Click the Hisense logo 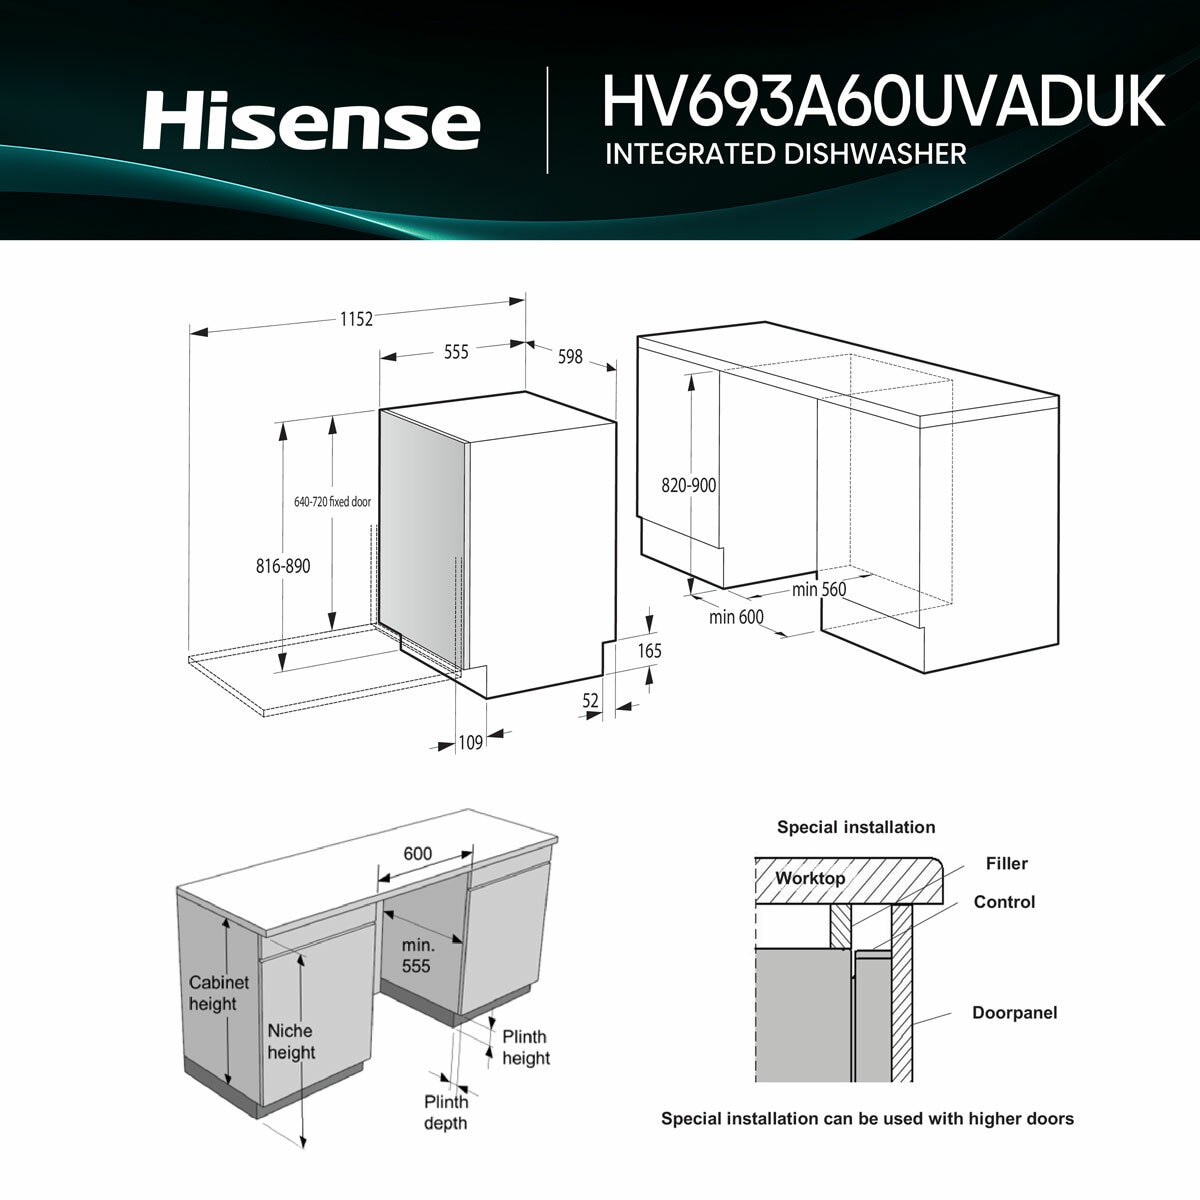[x=311, y=120]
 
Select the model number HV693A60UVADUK [x=883, y=101]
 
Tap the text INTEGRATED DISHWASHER [x=785, y=154]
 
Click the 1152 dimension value [x=356, y=319]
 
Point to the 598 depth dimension [x=570, y=356]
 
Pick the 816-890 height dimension [x=283, y=566]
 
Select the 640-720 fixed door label [x=332, y=502]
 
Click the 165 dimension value [x=650, y=651]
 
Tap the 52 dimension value [x=590, y=701]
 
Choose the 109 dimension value [x=471, y=742]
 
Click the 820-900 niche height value [x=689, y=485]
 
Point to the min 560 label [x=819, y=589]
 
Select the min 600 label [x=736, y=617]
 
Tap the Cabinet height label [x=219, y=993]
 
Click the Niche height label [x=291, y=1041]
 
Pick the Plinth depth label [x=446, y=1112]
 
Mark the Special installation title [x=856, y=827]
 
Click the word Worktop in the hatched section [x=810, y=878]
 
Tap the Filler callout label [x=1006, y=863]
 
